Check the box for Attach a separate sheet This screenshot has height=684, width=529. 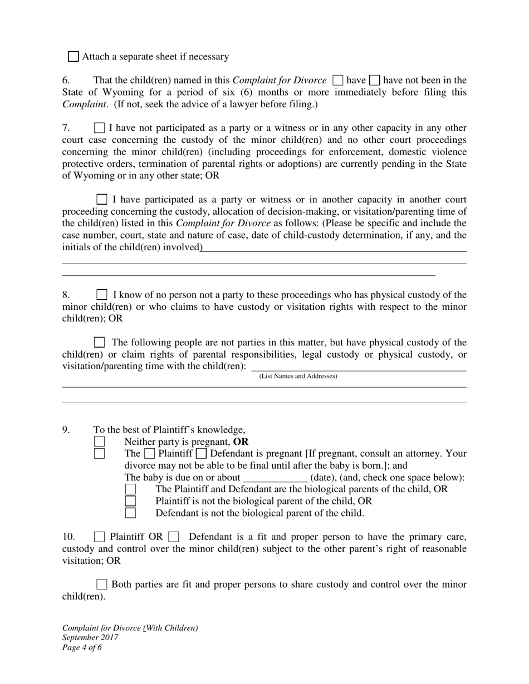[74, 56]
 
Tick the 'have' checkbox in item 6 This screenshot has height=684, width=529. [337, 80]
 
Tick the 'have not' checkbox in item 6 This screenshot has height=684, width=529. [375, 80]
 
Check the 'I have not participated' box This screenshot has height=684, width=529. [99, 128]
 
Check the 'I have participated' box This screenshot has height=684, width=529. [102, 199]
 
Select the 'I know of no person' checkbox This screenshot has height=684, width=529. [102, 295]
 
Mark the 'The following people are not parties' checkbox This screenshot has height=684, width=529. [99, 342]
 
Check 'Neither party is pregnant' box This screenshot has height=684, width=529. [99, 442]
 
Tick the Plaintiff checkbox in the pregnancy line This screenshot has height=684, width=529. [150, 454]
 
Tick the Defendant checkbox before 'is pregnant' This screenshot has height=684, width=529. [201, 454]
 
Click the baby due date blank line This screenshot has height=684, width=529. [275, 478]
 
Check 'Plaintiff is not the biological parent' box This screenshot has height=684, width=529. [130, 501]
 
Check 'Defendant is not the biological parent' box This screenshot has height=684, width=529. [130, 513]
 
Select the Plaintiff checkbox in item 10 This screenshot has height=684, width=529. [99, 537]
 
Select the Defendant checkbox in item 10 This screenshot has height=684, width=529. [173, 537]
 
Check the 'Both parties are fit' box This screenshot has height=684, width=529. [102, 584]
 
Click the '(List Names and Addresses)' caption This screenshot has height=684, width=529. [298, 376]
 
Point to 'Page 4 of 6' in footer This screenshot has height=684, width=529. [82, 647]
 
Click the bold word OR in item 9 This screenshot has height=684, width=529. [241, 442]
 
